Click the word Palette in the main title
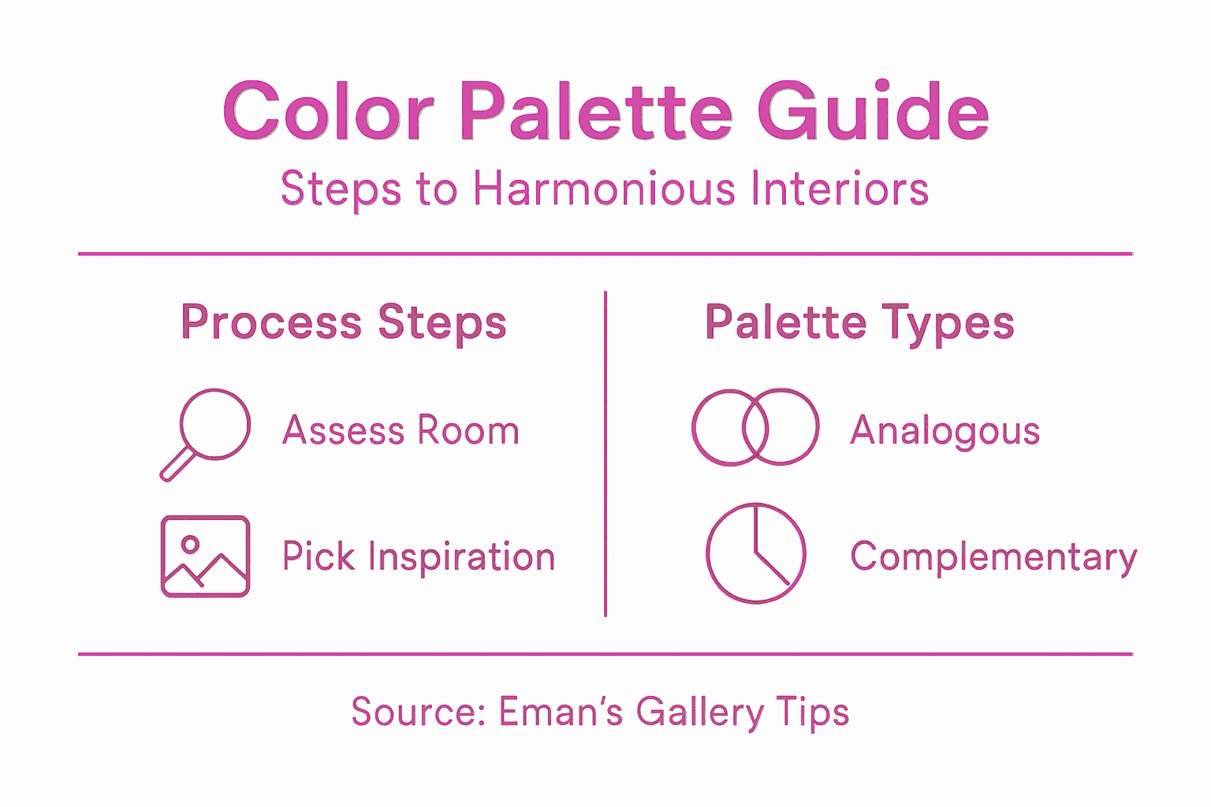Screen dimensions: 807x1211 coord(596,112)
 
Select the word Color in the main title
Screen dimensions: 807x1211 coord(328,112)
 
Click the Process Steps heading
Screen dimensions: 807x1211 coord(344,323)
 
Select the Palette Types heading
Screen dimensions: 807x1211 coord(859,323)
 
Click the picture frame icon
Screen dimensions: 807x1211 coord(205,556)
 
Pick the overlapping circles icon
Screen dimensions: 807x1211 coord(755,427)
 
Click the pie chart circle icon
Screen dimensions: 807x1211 coord(756,553)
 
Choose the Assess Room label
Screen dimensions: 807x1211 coord(401,430)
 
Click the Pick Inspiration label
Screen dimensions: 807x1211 coord(419,556)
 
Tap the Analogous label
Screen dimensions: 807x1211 coord(945,432)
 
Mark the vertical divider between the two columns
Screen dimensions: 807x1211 coord(605,454)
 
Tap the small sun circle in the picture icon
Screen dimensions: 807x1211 coord(189,544)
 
